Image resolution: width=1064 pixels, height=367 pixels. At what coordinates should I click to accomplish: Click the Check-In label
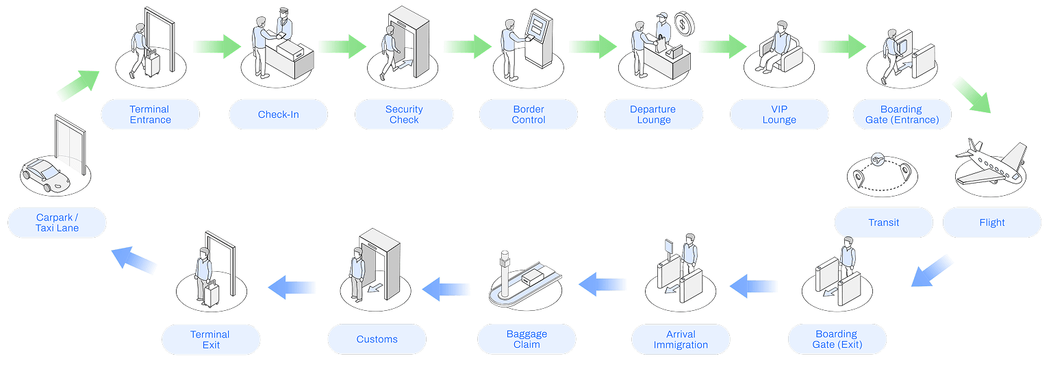tap(278, 114)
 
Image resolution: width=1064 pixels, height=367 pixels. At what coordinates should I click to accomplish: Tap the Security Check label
tap(404, 114)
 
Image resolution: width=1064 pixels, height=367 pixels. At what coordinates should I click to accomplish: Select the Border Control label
tap(529, 114)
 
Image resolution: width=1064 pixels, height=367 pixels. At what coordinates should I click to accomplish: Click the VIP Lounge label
tap(779, 114)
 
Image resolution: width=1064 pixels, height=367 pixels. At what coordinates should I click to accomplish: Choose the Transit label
tap(883, 223)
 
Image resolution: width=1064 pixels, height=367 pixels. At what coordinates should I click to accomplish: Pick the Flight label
tap(991, 223)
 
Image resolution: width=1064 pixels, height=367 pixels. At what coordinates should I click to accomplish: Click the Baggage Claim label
tap(527, 339)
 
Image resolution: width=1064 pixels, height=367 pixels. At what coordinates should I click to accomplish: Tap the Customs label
tap(377, 339)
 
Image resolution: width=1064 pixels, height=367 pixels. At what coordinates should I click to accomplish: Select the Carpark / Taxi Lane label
tap(57, 223)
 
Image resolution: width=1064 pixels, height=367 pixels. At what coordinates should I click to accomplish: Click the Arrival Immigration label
tap(681, 339)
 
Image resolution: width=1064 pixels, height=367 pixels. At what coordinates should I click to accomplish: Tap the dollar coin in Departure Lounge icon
tap(683, 23)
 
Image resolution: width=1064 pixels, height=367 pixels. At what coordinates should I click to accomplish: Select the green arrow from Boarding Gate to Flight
tap(972, 94)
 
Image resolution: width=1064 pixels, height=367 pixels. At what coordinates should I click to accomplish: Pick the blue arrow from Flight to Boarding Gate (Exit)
tap(932, 271)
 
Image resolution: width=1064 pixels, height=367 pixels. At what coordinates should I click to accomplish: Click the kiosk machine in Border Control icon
tap(538, 38)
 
